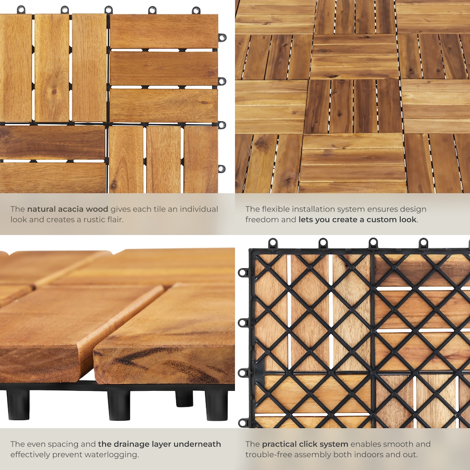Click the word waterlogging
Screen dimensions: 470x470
pos(113,454)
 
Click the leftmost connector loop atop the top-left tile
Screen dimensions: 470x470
pos(21,9)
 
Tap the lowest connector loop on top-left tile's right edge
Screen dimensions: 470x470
pos(222,168)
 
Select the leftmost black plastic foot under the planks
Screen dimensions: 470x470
pos(18,403)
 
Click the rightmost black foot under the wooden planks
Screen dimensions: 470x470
pos(216,404)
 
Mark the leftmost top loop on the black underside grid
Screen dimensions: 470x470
pos(273,242)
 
